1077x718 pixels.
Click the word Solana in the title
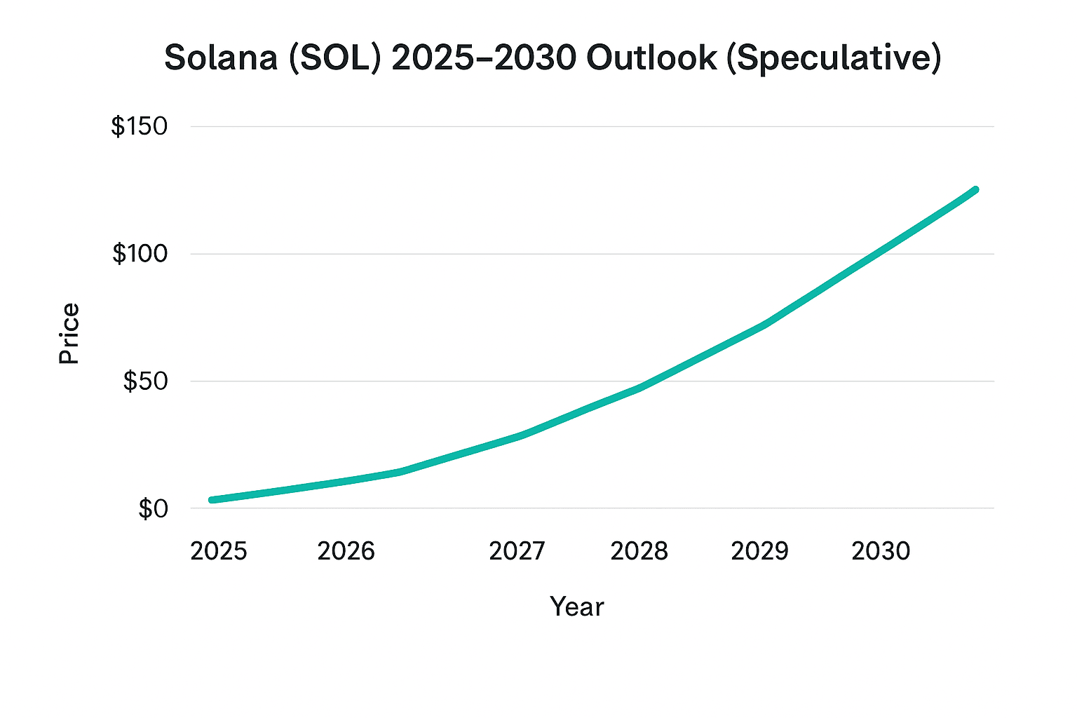pyautogui.click(x=220, y=57)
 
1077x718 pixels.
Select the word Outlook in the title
pyautogui.click(x=651, y=57)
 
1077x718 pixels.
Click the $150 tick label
pyautogui.click(x=140, y=127)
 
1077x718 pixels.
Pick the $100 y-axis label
pyautogui.click(x=140, y=254)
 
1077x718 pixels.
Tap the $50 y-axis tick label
pyautogui.click(x=145, y=381)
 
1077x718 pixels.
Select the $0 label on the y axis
pyautogui.click(x=153, y=509)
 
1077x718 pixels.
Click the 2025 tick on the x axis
pyautogui.click(x=219, y=551)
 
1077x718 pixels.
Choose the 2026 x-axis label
pyautogui.click(x=346, y=551)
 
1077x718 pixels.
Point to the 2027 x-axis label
pyautogui.click(x=517, y=551)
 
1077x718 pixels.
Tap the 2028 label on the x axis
pyautogui.click(x=639, y=551)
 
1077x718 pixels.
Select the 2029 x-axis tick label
pyautogui.click(x=759, y=551)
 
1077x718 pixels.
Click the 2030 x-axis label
pyautogui.click(x=881, y=551)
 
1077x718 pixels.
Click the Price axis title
pyautogui.click(x=69, y=334)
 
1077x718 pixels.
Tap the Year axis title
pyautogui.click(x=576, y=607)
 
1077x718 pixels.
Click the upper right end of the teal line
pyautogui.click(x=975, y=190)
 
